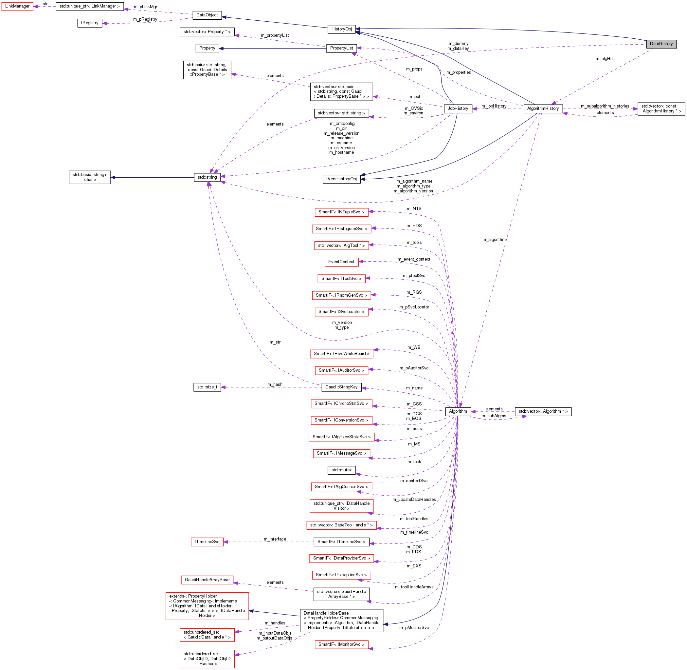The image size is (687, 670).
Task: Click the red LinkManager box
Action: pos(17,6)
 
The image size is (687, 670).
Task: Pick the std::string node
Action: pos(207,177)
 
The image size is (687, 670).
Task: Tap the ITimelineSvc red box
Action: pos(207,542)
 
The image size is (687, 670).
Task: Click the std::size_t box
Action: pos(207,387)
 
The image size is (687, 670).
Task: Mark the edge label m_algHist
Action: pos(605,59)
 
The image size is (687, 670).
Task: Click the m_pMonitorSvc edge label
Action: pos(414,628)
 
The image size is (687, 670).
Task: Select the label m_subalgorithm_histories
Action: pos(605,106)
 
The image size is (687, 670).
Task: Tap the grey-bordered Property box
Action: pos(207,48)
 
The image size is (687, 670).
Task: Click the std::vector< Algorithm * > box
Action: pos(543,411)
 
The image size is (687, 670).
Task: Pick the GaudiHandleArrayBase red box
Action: pos(207,580)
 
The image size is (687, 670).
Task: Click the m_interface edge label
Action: pos(275,539)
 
